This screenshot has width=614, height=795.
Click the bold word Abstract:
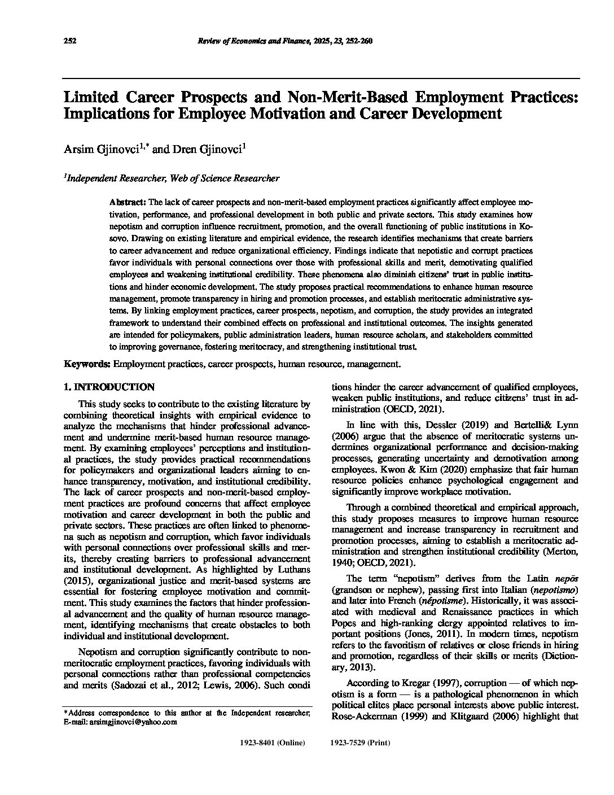(128, 202)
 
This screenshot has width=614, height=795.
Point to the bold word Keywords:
(87, 364)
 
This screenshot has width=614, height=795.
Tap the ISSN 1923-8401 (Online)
(273, 742)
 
